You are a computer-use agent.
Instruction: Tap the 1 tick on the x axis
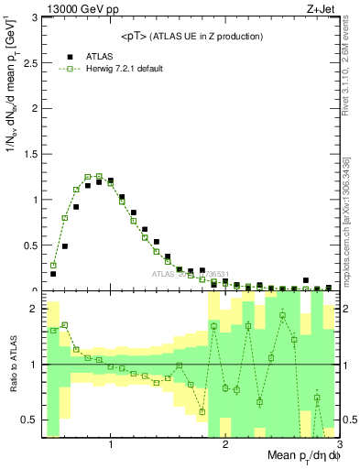(111, 445)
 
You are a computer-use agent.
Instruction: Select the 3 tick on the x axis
(338, 445)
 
